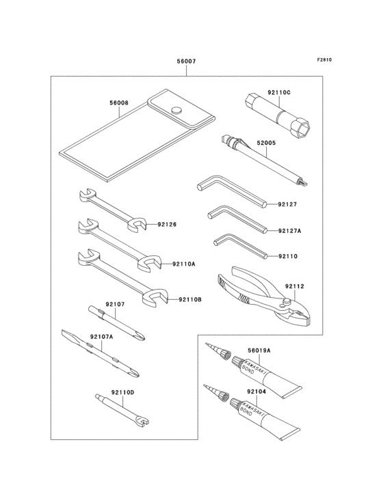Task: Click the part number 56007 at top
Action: tap(186, 61)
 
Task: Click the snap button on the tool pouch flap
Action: tap(177, 110)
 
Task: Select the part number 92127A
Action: tap(290, 231)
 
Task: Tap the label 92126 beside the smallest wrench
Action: tap(166, 223)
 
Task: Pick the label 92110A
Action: tap(183, 263)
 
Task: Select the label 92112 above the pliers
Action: tap(294, 286)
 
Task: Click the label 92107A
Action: tap(101, 337)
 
